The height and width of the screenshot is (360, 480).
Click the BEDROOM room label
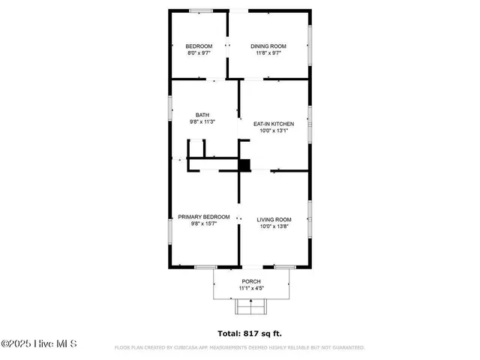coord(199,46)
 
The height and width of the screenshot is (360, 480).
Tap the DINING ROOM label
coord(268,46)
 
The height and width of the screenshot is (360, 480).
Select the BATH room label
coord(202,115)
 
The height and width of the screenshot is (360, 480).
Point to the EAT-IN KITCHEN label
coord(273,124)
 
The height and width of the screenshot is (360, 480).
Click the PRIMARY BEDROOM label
coord(203,217)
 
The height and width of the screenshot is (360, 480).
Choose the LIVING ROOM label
coord(273,220)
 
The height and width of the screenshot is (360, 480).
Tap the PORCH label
coord(250,281)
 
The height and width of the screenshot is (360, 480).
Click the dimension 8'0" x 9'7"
coord(199,53)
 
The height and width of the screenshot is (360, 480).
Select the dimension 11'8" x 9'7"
coord(268,53)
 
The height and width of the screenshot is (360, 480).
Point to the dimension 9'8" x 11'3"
coord(202,121)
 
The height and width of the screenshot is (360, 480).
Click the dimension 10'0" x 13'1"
coord(273,130)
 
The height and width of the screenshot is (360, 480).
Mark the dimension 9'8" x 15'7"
coord(203,223)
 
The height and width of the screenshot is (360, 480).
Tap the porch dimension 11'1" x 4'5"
coord(250,288)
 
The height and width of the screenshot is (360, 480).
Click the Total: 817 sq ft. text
coord(250,333)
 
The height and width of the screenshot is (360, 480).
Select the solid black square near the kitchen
coord(244,165)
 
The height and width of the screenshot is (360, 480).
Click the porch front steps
coord(250,307)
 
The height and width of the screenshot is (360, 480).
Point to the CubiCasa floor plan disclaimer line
coord(239,348)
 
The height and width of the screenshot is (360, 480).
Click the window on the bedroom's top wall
coord(199,10)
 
